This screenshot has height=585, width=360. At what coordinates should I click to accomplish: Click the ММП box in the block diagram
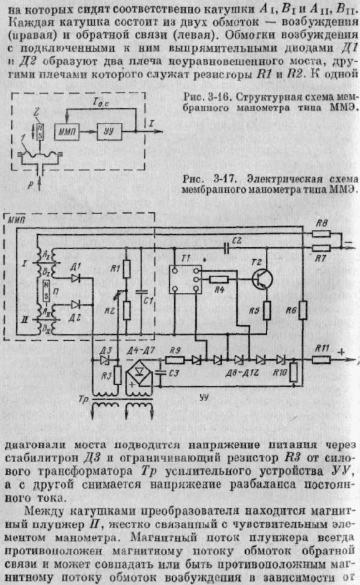[67, 131]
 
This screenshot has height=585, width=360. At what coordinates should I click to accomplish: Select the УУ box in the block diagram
[109, 131]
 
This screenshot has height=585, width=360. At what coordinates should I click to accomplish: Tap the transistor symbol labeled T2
[262, 279]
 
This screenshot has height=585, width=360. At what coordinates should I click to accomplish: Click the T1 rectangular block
[185, 280]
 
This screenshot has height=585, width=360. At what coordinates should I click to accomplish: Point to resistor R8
[321, 234]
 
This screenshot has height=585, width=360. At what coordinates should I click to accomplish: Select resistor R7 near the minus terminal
[321, 248]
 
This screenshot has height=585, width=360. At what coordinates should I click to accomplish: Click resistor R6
[303, 310]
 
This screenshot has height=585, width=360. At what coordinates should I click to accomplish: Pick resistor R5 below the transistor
[267, 310]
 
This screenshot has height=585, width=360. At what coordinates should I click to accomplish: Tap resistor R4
[219, 279]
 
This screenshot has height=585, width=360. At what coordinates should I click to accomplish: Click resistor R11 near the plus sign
[321, 360]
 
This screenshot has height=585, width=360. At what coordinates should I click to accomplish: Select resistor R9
[175, 360]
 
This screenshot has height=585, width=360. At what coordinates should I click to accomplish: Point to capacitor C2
[226, 248]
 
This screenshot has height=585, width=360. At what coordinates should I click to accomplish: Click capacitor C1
[141, 291]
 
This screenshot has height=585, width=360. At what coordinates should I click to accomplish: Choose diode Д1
[75, 278]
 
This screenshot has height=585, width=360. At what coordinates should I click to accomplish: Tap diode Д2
[75, 305]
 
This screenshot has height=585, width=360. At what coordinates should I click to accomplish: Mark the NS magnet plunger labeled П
[46, 290]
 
